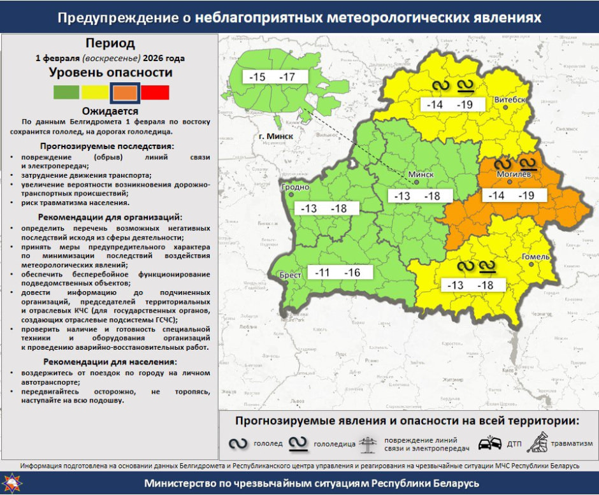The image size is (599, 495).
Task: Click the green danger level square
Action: point(66,92)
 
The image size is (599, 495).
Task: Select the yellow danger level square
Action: point(95,92)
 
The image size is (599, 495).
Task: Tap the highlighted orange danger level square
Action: point(125,92)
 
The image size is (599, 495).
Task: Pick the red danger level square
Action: point(155,92)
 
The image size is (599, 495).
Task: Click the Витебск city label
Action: point(510,101)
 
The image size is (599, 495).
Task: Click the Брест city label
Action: point(291,275)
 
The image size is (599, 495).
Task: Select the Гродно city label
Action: point(294,187)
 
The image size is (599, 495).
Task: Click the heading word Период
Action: point(110,43)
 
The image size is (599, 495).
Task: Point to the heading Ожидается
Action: point(110,111)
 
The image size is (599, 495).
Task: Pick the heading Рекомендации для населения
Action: point(110,362)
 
